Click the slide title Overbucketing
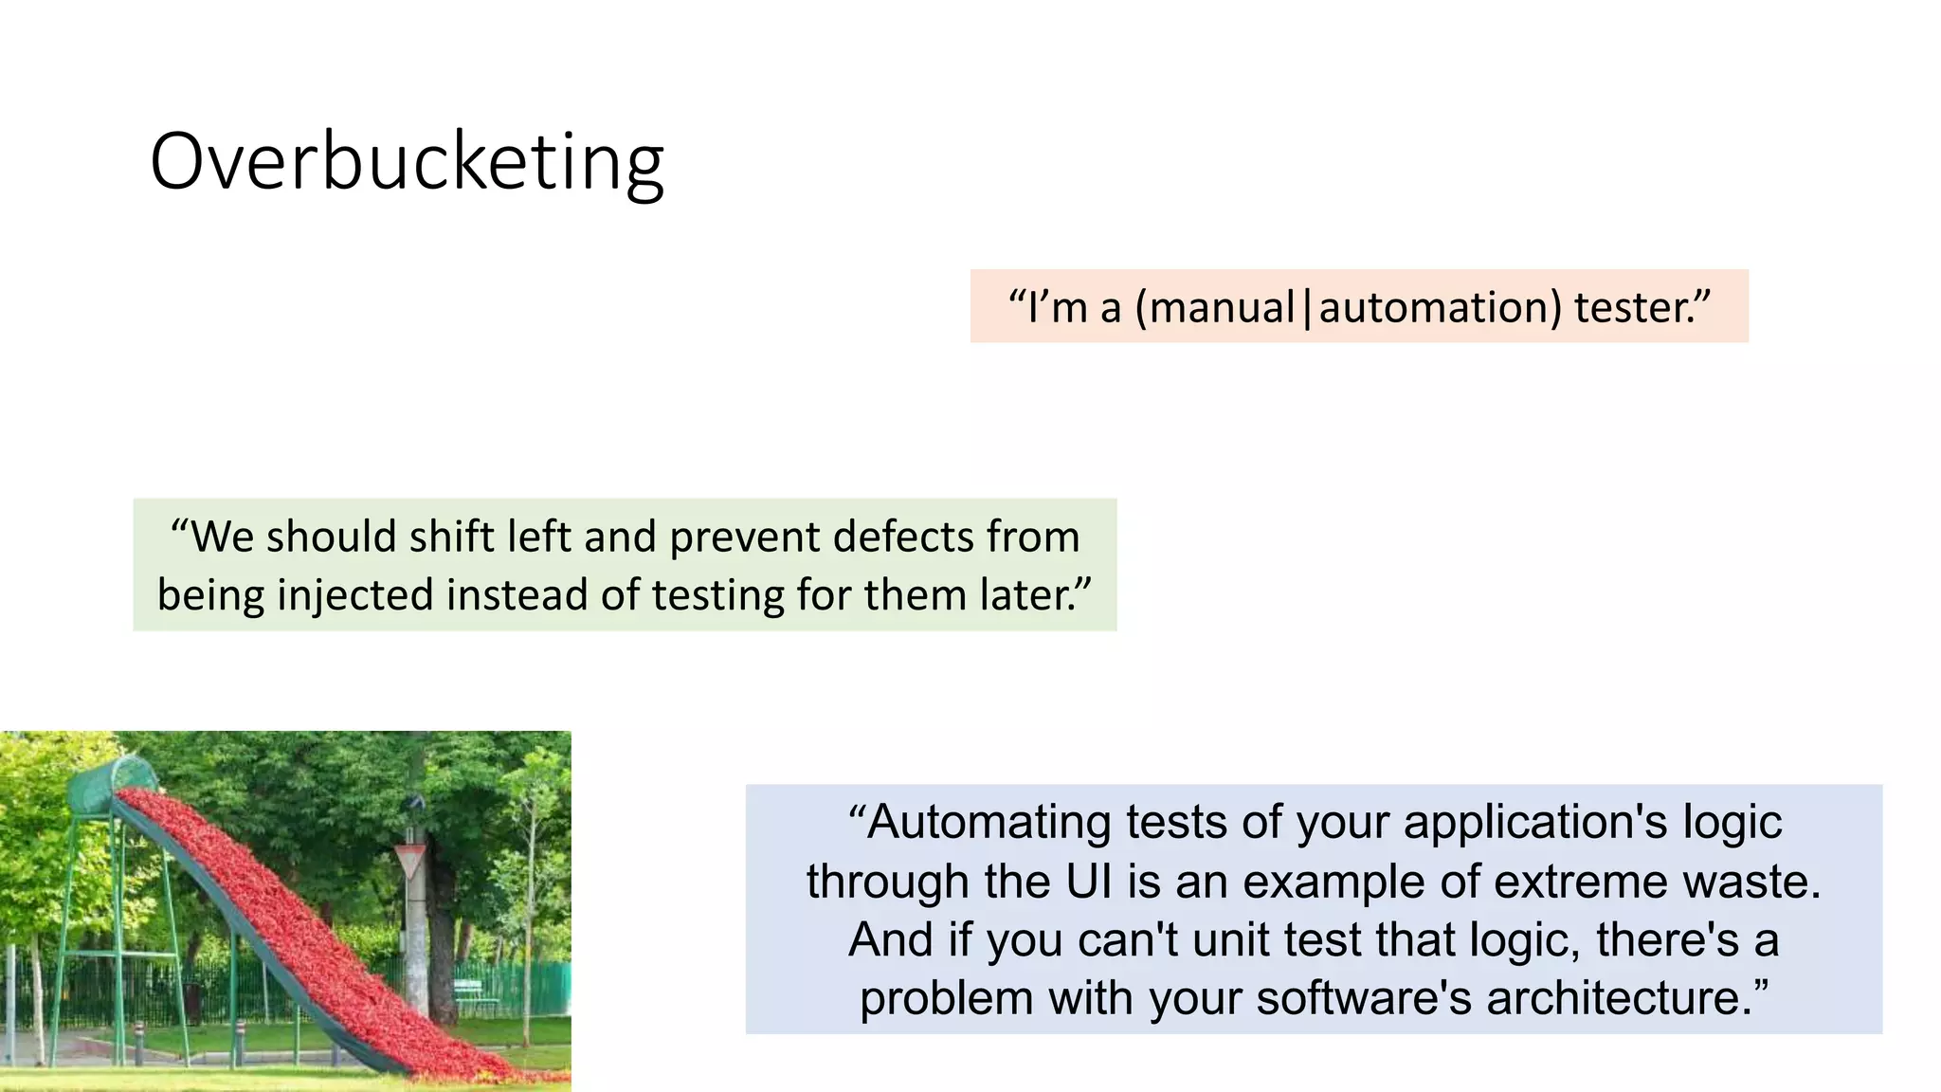click(x=407, y=162)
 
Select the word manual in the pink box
click(x=1222, y=308)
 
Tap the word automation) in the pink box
click(x=1440, y=308)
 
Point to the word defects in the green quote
click(x=905, y=537)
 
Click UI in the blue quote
click(x=1088, y=882)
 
